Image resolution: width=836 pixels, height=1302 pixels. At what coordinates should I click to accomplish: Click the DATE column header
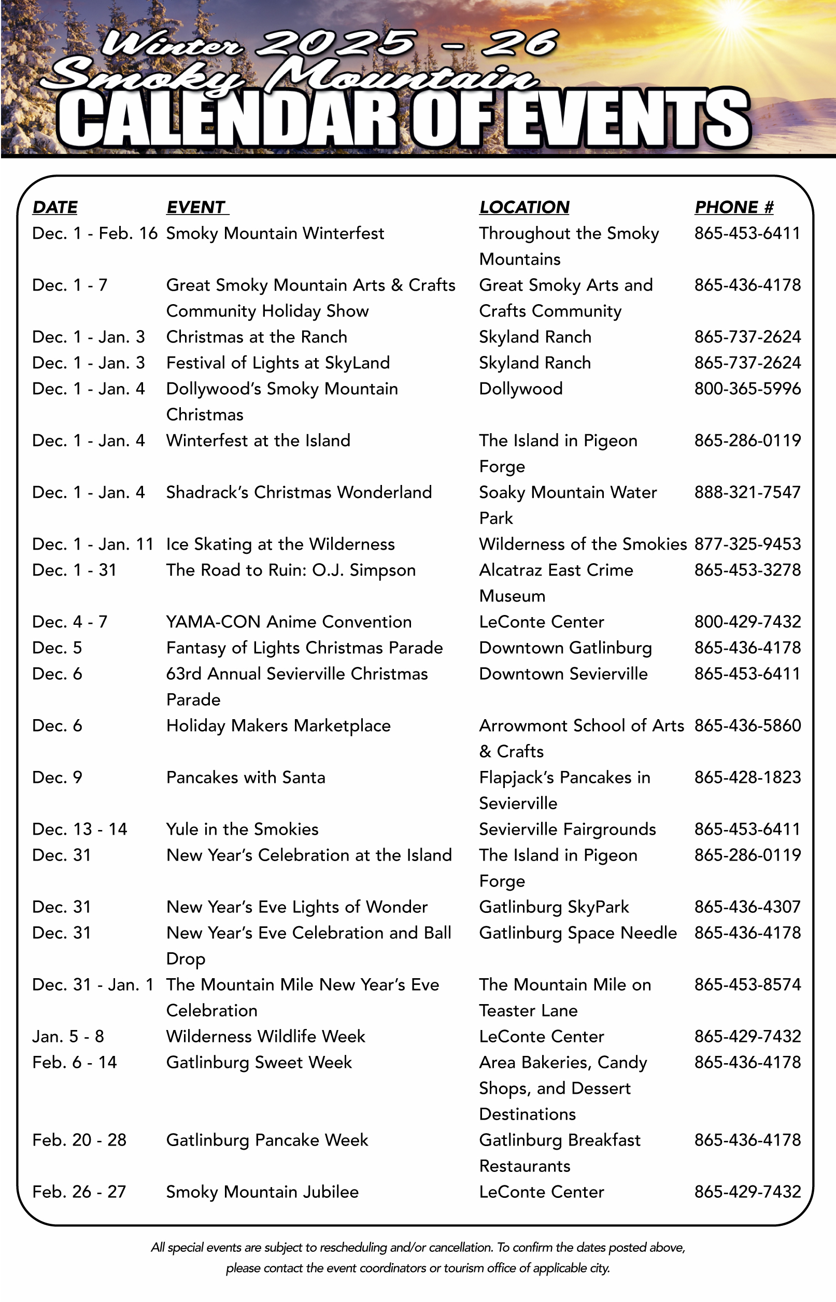click(x=55, y=207)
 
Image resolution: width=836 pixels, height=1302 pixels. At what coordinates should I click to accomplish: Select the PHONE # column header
click(x=733, y=207)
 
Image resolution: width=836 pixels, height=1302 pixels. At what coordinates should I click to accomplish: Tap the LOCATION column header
click(x=524, y=207)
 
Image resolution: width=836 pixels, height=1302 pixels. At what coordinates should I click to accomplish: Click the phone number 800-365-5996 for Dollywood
click(x=747, y=389)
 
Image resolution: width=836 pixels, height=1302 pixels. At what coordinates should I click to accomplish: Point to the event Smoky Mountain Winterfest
click(x=275, y=233)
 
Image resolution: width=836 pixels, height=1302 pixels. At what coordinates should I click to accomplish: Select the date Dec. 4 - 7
click(x=69, y=622)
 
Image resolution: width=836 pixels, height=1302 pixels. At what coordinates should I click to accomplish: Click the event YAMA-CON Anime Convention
click(x=289, y=622)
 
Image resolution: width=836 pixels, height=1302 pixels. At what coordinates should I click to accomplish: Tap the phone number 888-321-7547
click(x=747, y=493)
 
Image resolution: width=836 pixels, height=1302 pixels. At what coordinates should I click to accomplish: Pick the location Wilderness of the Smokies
click(x=583, y=544)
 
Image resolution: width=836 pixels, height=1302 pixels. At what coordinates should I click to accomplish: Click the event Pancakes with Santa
click(x=245, y=777)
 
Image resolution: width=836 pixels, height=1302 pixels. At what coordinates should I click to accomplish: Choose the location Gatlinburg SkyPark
click(x=554, y=907)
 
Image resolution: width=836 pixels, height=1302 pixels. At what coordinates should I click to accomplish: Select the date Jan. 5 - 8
click(x=68, y=1037)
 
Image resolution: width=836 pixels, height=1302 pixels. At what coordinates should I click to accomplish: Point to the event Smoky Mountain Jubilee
click(x=262, y=1192)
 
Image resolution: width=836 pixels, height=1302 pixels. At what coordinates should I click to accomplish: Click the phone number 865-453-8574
click(x=747, y=984)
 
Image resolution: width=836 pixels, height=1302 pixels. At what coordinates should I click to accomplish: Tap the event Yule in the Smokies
click(x=242, y=829)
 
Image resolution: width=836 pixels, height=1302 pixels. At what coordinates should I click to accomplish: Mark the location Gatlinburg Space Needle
click(x=577, y=933)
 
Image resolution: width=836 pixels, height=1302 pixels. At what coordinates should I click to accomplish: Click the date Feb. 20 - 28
click(x=79, y=1140)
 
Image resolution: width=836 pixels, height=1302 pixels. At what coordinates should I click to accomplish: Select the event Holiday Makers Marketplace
click(x=278, y=726)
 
